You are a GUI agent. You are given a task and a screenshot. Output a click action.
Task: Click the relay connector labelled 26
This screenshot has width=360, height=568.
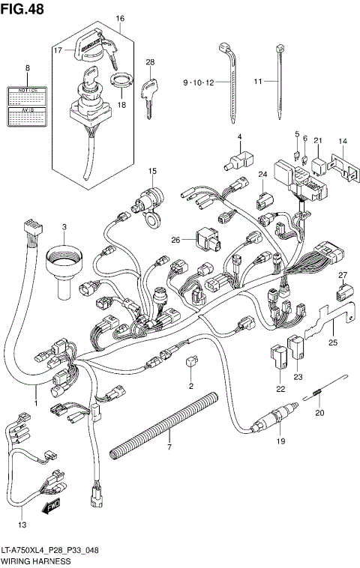point(206,240)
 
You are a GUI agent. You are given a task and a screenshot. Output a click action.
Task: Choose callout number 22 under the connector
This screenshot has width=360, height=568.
point(281,388)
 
